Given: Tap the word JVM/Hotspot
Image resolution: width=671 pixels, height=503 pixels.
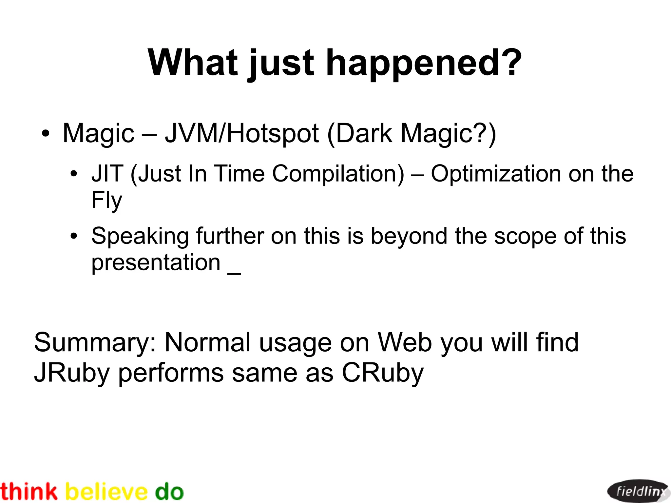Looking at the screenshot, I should tap(242, 133).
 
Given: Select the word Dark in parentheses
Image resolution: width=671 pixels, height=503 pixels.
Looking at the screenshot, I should tap(364, 133).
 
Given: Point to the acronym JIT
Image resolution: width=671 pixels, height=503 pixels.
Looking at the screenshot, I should tap(107, 173).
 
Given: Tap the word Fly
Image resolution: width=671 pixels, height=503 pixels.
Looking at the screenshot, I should tap(106, 200).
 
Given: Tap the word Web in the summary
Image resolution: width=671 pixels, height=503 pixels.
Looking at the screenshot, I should tap(405, 342).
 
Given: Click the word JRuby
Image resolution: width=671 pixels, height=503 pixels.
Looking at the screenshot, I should tap(72, 373).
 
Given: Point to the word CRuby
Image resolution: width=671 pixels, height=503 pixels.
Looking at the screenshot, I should tap(382, 373).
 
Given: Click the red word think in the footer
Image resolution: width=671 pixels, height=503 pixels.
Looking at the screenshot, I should tap(29, 492).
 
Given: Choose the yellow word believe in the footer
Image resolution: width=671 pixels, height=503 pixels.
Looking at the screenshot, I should tap(106, 492).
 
